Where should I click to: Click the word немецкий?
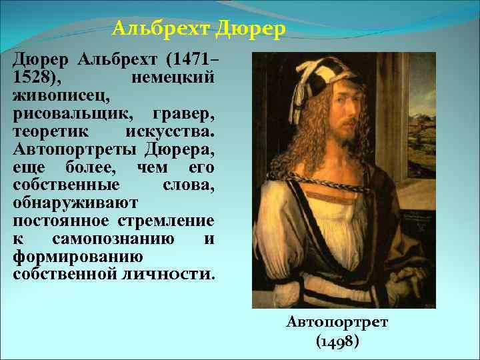click(x=173, y=77)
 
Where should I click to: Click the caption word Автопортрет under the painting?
click(x=337, y=323)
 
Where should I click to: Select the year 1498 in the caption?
click(x=337, y=341)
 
